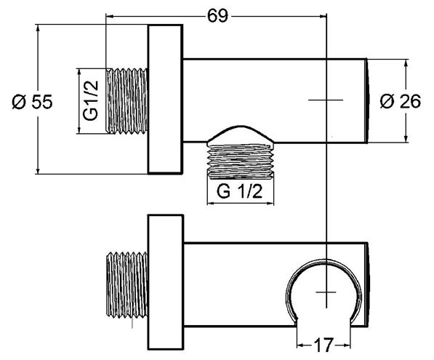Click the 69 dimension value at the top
pyautogui.click(x=217, y=16)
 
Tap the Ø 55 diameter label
pyautogui.click(x=32, y=102)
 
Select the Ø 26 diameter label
pyautogui.click(x=401, y=101)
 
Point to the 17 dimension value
pyautogui.click(x=324, y=345)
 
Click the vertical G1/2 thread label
pyautogui.click(x=92, y=100)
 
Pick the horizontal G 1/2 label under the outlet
pyautogui.click(x=239, y=191)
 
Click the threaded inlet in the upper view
pyautogui.click(x=127, y=101)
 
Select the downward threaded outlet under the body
pyautogui.click(x=241, y=160)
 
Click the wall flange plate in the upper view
pyautogui.click(x=166, y=99)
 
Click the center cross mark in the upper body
pyautogui.click(x=326, y=100)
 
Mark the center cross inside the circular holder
pyautogui.click(x=326, y=292)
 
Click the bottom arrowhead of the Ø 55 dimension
pyautogui.click(x=38, y=169)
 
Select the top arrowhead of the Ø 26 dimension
pyautogui.click(x=406, y=63)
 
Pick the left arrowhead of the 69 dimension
pyautogui.click(x=110, y=16)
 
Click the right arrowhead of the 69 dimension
pyautogui.click(x=323, y=16)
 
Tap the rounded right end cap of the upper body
pyautogui.click(x=368, y=101)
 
